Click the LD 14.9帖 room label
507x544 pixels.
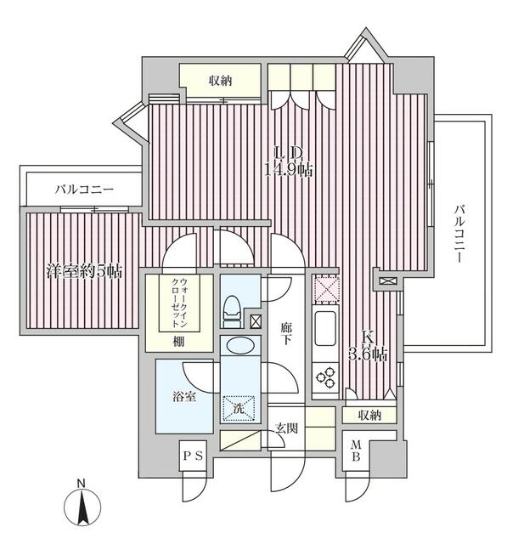tap(289, 162)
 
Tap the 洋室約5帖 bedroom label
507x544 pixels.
tap(84, 271)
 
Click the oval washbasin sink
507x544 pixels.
tap(240, 346)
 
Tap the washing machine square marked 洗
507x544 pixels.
tap(239, 408)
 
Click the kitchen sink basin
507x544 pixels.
tap(325, 328)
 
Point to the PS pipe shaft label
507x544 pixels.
tap(193, 456)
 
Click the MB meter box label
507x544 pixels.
tap(356, 450)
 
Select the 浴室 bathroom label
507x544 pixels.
tap(184, 397)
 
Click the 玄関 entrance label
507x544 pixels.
tap(286, 428)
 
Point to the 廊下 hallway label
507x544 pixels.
tap(286, 334)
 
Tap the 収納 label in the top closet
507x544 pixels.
tap(220, 82)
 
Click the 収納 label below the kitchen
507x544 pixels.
tap(369, 415)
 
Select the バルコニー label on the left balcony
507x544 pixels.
tap(84, 190)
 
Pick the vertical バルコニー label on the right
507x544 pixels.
tap(459, 234)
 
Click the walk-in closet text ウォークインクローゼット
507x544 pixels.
tap(179, 303)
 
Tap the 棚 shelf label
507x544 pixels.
tap(179, 342)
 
